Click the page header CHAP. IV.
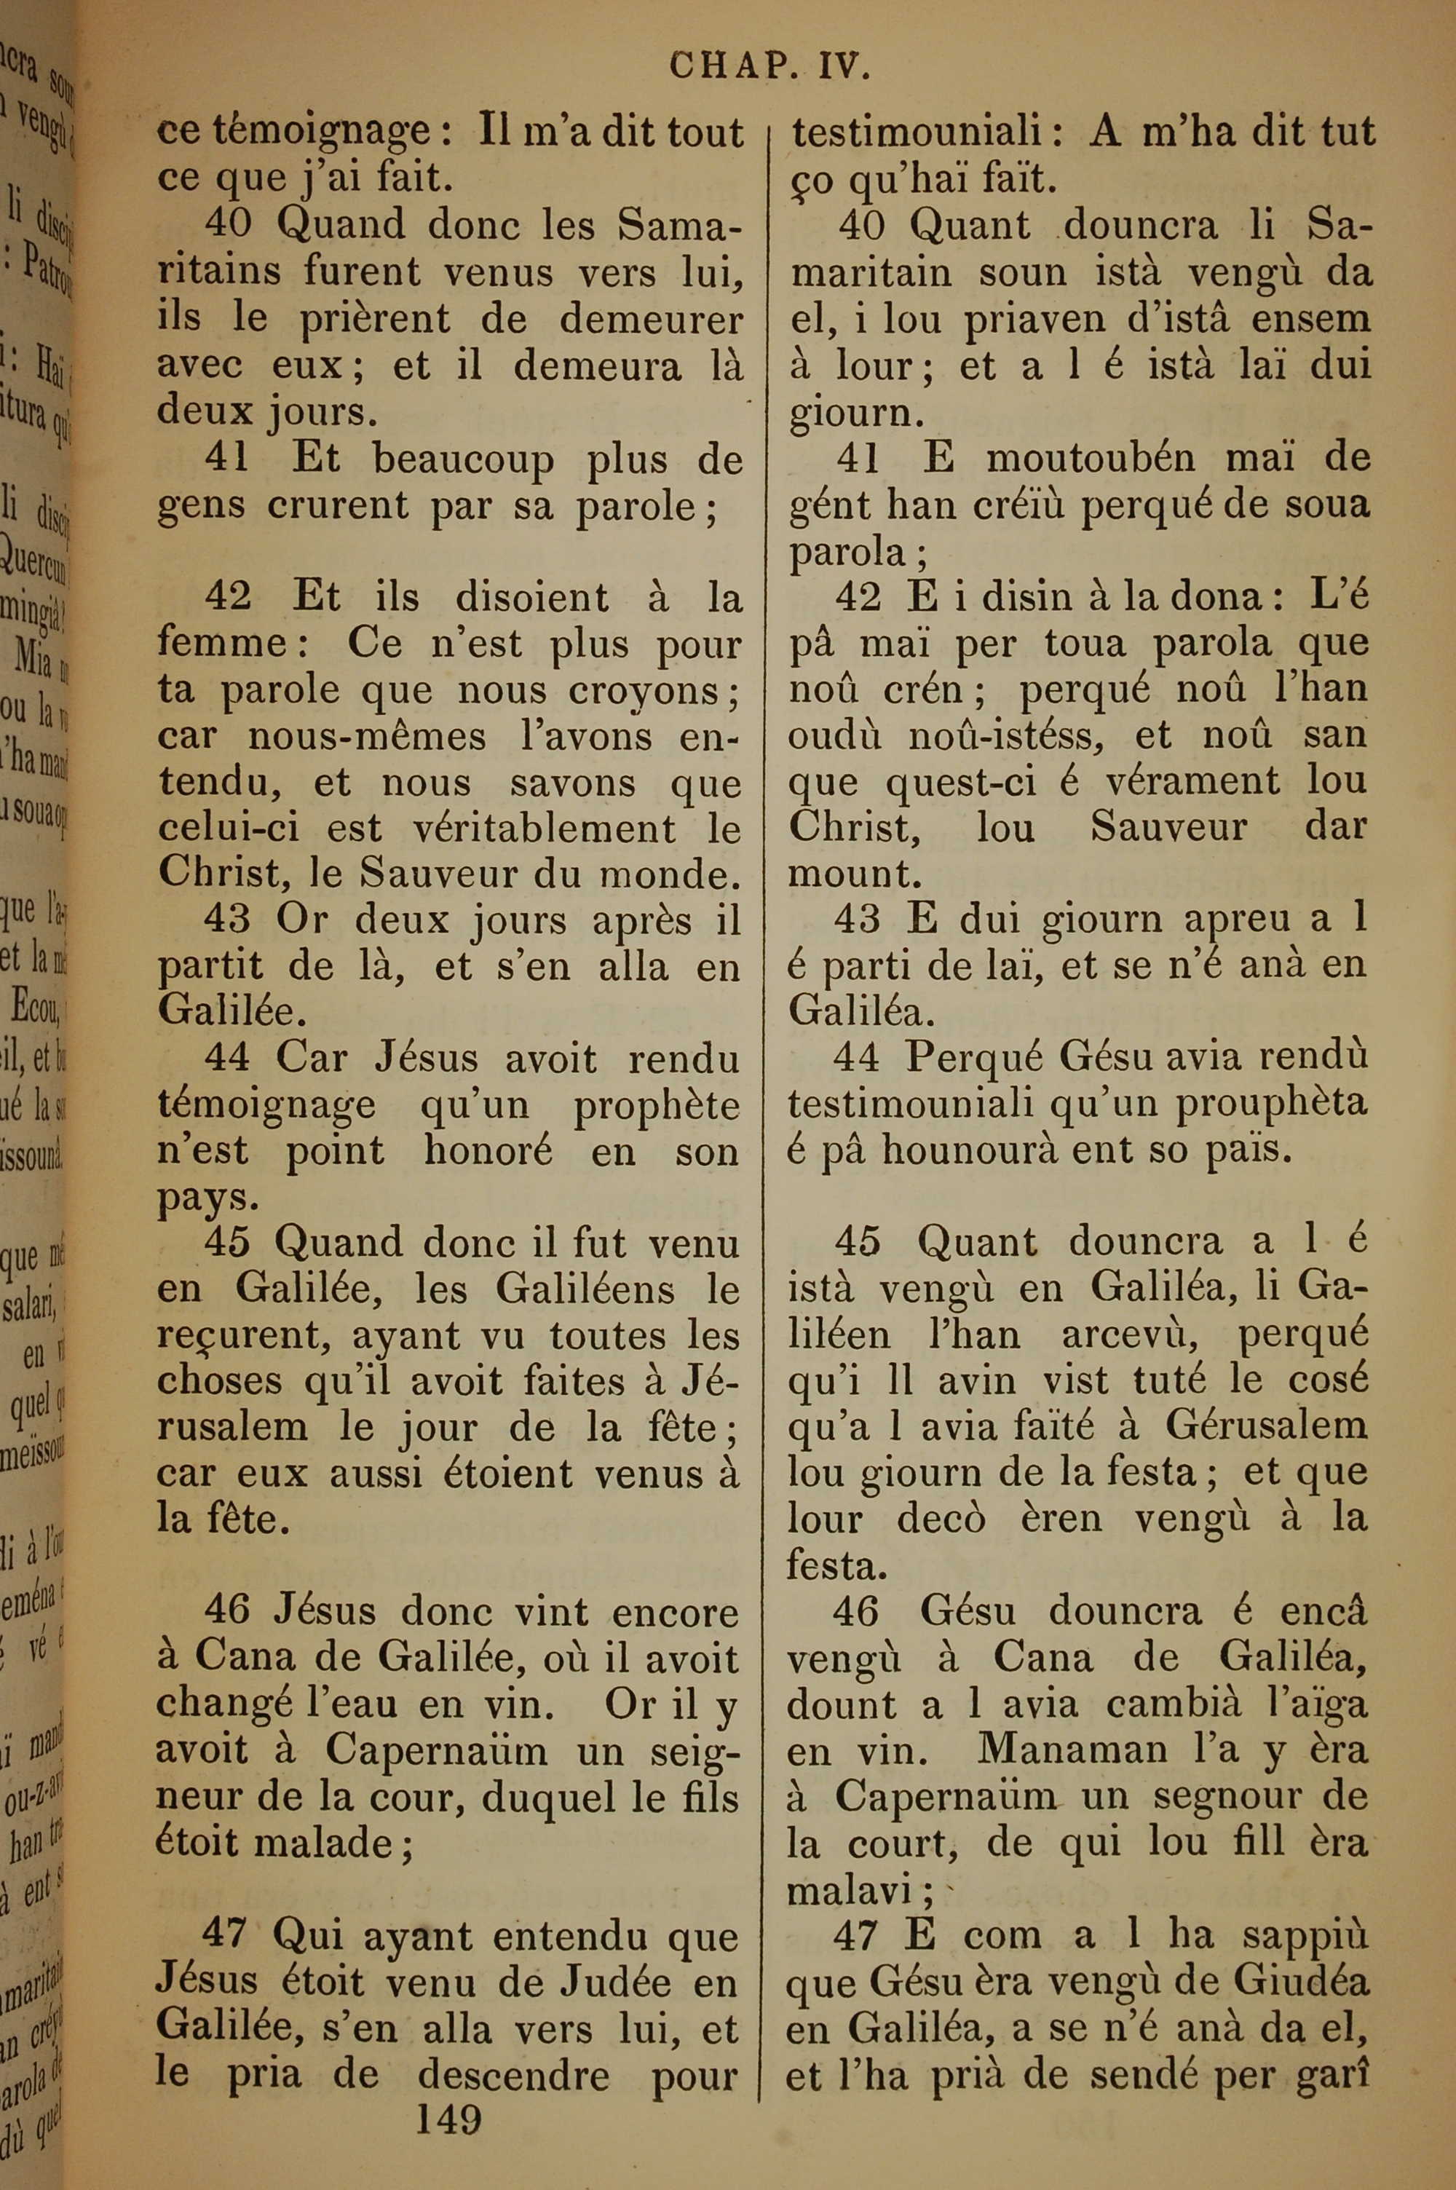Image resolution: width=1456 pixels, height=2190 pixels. pos(769,68)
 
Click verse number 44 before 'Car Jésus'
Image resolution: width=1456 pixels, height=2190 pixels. pos(229,1060)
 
